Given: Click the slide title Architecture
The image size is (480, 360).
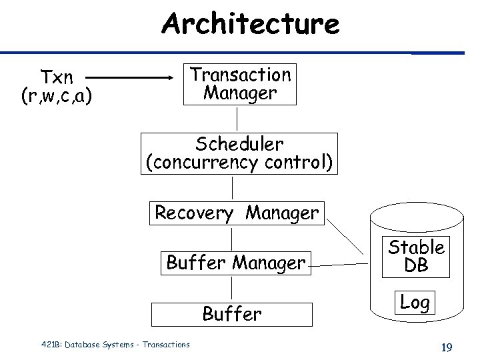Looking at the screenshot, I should click(x=250, y=25).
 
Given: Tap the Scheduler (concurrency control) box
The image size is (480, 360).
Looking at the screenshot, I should click(x=239, y=153).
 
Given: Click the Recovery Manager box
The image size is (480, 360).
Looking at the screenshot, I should click(x=237, y=213).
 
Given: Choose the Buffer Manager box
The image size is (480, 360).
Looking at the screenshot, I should click(x=235, y=263).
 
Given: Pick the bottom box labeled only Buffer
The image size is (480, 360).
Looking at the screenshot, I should click(x=232, y=314).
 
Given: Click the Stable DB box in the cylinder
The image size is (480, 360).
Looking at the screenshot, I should click(x=416, y=257).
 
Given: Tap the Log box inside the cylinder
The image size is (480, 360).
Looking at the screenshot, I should click(x=415, y=302).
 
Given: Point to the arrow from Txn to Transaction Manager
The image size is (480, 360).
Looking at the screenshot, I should click(x=137, y=77).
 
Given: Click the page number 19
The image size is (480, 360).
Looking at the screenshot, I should click(x=446, y=347).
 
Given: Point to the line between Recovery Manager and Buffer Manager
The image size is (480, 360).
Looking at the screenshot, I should click(x=232, y=238).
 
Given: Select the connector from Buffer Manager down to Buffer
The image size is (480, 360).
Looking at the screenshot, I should click(x=232, y=288).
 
